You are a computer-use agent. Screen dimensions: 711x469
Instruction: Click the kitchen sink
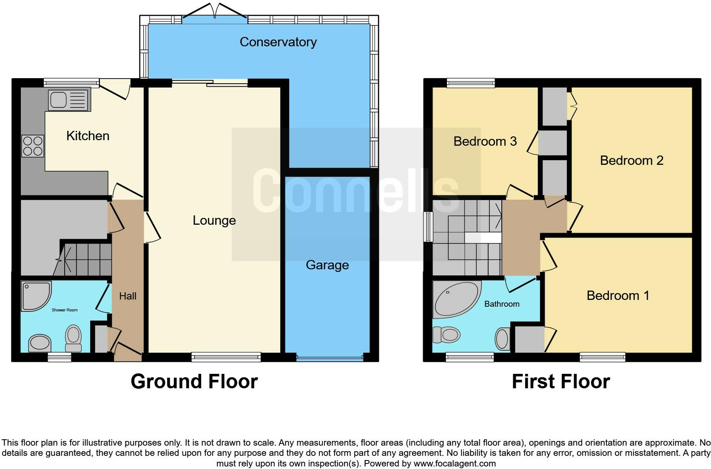(69, 100)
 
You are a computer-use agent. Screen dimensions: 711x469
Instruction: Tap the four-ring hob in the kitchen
(33, 146)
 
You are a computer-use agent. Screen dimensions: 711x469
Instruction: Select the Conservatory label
(278, 42)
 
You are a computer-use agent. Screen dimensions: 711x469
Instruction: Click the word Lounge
(214, 220)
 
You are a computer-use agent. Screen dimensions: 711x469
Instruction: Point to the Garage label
(327, 265)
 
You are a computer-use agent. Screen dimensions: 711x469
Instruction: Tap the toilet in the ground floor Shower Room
(73, 338)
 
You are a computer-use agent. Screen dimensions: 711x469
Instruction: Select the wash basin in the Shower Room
(40, 343)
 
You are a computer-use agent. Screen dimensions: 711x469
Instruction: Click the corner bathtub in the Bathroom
(456, 299)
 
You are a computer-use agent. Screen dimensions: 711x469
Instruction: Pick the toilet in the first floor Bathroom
(447, 335)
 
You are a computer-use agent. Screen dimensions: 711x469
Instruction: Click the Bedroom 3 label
(485, 141)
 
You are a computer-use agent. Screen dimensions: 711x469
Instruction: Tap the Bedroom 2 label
(631, 161)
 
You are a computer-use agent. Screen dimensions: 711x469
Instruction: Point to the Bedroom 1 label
(618, 296)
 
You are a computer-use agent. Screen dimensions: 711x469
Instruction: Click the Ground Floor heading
(194, 381)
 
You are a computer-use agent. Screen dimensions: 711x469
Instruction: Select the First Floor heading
(561, 381)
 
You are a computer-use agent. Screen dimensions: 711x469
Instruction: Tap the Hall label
(128, 296)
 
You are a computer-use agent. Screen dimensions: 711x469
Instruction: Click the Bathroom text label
(502, 304)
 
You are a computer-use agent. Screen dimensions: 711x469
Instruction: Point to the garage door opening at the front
(330, 358)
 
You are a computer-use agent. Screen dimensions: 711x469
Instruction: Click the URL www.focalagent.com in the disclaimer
(455, 463)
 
